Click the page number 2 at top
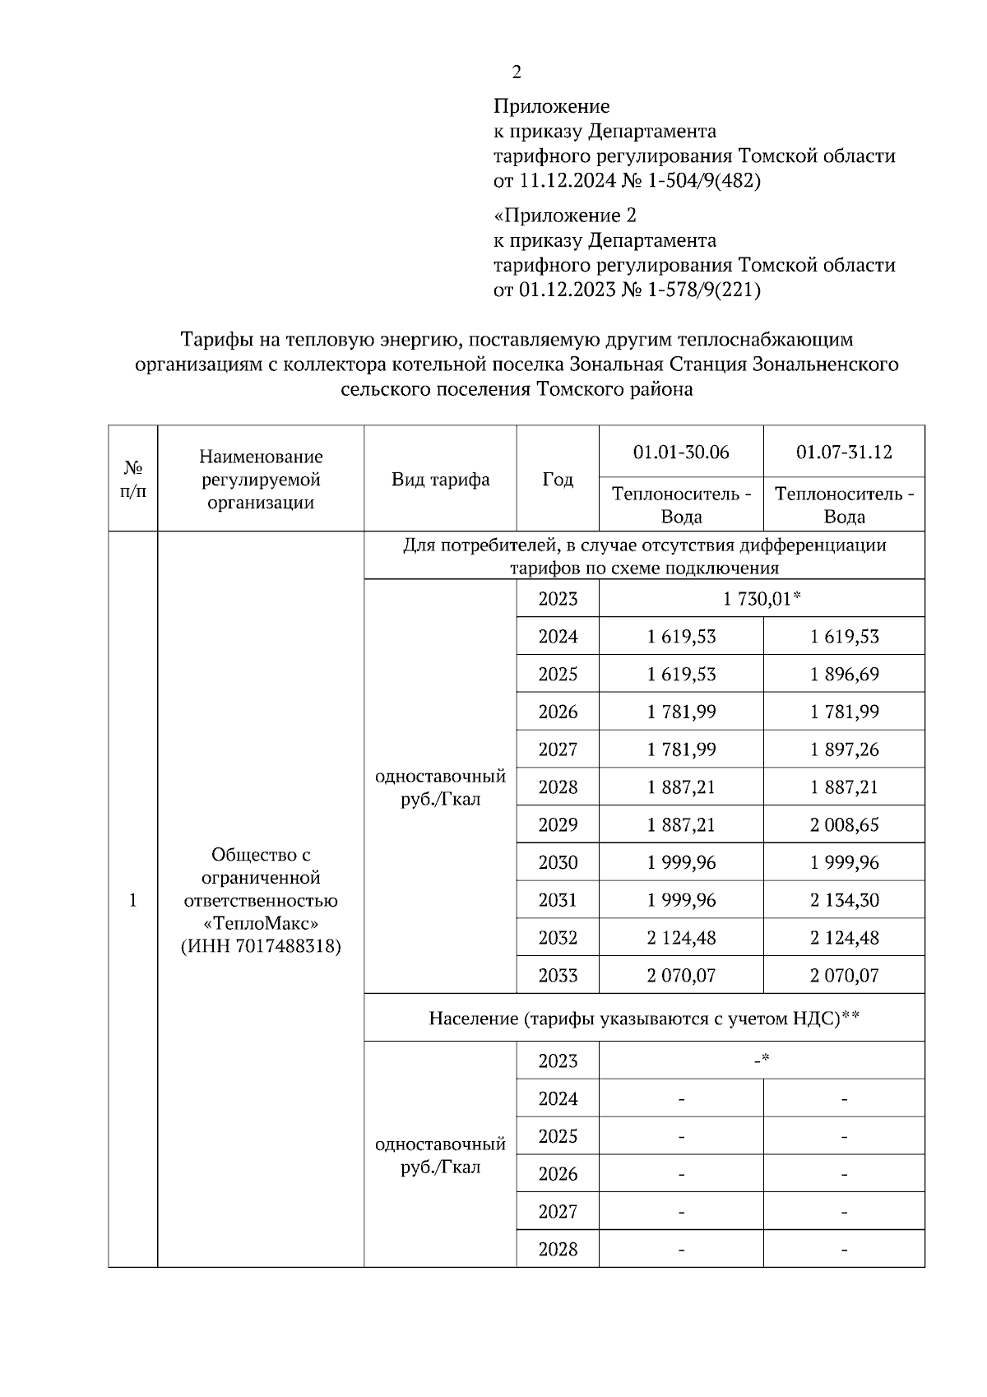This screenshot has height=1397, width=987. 517,72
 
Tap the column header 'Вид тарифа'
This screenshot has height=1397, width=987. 440,480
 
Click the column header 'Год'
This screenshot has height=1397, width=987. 558,480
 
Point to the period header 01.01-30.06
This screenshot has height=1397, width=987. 681,452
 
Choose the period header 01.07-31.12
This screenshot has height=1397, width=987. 844,452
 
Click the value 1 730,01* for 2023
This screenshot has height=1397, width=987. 762,599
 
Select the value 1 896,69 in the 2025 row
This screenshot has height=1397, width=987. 844,675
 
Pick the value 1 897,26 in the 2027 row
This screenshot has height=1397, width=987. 844,750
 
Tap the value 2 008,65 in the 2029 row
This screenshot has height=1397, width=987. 844,824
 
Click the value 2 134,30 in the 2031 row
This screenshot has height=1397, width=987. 844,900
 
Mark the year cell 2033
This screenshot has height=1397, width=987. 558,976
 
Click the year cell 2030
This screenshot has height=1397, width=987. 558,862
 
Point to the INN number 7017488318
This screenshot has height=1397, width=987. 288,946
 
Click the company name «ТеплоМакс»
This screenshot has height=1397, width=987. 261,923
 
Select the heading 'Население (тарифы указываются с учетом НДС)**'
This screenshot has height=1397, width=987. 644,1019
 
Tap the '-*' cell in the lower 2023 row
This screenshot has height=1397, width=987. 762,1060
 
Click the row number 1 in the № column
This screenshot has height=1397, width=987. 132,900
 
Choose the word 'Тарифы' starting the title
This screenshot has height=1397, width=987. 210,339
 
